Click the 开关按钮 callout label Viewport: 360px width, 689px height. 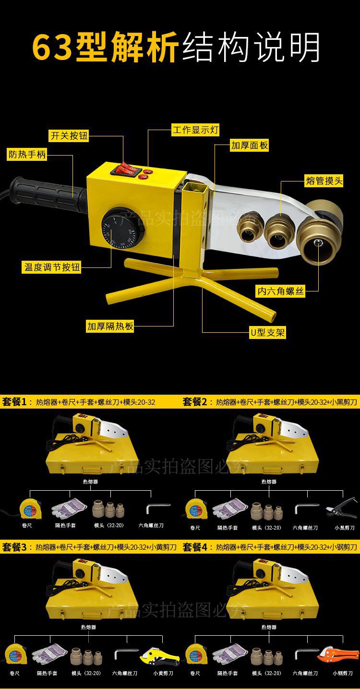click(x=70, y=135)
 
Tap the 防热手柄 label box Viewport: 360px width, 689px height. click(x=27, y=155)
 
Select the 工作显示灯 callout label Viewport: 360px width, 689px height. click(x=195, y=130)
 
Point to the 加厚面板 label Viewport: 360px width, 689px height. click(x=249, y=145)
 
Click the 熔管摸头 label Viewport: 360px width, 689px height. click(x=324, y=181)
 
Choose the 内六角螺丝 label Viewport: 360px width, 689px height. click(x=280, y=291)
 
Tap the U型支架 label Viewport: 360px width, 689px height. click(x=268, y=332)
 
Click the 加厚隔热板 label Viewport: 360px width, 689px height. click(x=110, y=326)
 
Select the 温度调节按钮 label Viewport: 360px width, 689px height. click(x=52, y=266)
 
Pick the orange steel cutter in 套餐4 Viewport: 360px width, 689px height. click(x=338, y=654)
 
